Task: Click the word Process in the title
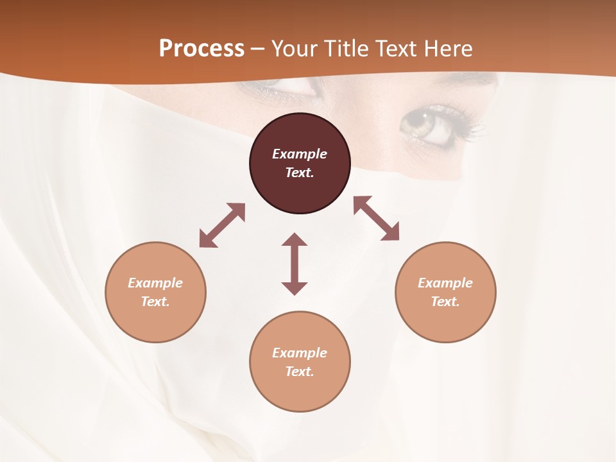click(x=201, y=49)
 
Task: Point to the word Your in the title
click(x=295, y=49)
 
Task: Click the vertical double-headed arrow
click(x=295, y=264)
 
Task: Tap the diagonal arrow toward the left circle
click(x=222, y=225)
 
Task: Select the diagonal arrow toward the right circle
click(x=377, y=218)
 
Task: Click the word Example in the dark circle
click(x=300, y=154)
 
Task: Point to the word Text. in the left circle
click(x=155, y=302)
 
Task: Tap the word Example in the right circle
click(x=445, y=283)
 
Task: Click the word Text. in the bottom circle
click(x=300, y=372)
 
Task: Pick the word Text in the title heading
click(x=395, y=49)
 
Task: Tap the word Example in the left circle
click(x=155, y=283)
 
